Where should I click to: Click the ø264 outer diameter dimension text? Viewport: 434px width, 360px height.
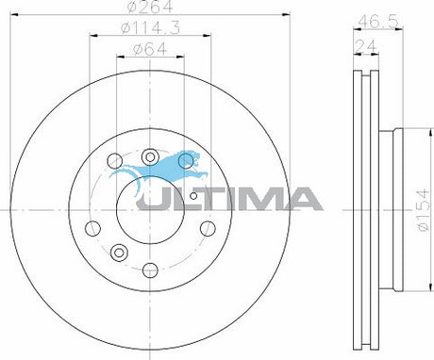pos(150,7)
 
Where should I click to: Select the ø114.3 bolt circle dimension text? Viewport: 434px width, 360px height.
pos(151,28)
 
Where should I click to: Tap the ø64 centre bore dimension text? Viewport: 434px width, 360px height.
pos(150,49)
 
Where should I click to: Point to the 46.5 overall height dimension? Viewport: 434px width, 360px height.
pos(378,22)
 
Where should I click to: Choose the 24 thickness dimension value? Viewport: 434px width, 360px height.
pos(366,46)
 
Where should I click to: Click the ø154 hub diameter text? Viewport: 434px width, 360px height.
pos(423,209)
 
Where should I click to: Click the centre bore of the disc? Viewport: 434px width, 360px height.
pos(150,209)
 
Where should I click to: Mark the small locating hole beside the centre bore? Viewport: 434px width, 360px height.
pos(193,196)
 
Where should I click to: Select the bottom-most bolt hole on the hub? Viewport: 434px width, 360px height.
pos(150,270)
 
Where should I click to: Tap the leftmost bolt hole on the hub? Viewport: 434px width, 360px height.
pos(92,228)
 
